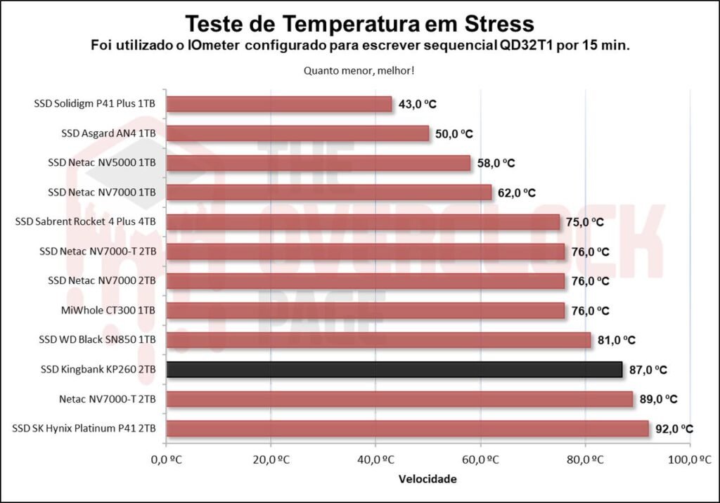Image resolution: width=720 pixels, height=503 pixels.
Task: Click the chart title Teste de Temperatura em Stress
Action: [x=359, y=24]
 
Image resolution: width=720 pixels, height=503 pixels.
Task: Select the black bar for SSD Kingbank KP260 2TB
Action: [x=394, y=369]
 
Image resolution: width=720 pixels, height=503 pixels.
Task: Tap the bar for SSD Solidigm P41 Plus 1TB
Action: [x=279, y=104]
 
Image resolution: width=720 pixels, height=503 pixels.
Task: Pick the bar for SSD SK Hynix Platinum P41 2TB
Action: [x=407, y=429]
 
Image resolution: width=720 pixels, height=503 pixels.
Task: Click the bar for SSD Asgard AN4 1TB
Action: [x=297, y=133]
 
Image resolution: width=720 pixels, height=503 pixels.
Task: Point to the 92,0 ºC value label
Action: [x=674, y=429]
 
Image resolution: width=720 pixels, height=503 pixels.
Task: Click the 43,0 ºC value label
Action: [x=417, y=104]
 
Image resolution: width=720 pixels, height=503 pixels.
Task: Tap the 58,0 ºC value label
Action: [x=495, y=163]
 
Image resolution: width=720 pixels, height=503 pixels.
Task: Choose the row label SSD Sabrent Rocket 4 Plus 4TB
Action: [x=85, y=222]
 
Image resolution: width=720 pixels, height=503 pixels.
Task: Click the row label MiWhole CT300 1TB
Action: [x=109, y=311]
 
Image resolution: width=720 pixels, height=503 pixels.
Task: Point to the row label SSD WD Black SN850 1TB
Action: [x=97, y=340]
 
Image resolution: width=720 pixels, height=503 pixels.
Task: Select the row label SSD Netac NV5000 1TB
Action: [x=102, y=163]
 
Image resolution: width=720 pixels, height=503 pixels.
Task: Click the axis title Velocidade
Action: [x=427, y=479]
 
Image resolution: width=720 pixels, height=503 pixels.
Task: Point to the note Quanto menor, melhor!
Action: [x=359, y=70]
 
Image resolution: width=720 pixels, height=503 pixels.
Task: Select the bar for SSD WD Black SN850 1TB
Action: [x=378, y=340]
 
